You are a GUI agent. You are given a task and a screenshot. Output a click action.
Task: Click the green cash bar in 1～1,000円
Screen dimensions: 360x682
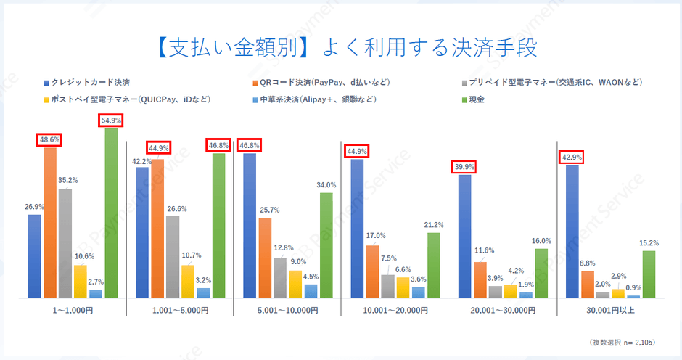111,213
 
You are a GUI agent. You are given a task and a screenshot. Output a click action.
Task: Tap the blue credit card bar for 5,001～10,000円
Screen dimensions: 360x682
250,226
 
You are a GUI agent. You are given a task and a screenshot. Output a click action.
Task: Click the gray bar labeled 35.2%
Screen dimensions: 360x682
65,243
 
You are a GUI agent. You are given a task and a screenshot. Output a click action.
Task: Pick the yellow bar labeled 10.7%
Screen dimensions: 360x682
188,282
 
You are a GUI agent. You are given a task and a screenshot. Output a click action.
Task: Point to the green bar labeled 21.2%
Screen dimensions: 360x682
433,265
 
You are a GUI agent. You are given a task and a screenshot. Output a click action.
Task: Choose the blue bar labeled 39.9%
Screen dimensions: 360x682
464,237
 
